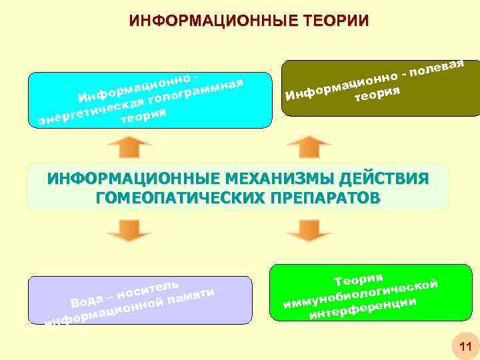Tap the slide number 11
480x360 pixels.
(464, 346)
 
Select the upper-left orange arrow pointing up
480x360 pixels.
(129, 147)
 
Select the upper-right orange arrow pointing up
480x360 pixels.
(309, 147)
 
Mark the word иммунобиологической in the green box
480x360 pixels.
(361, 293)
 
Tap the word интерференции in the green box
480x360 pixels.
(363, 307)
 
